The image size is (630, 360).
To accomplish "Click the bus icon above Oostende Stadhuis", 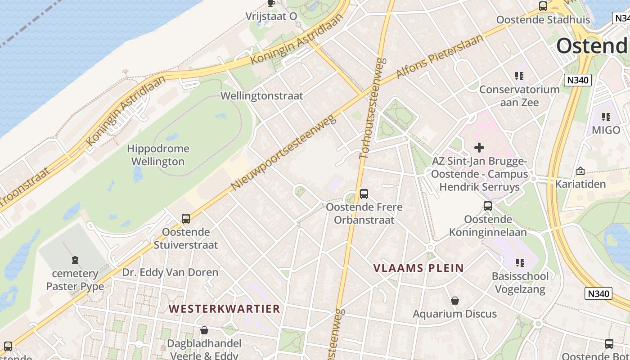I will point(543,6).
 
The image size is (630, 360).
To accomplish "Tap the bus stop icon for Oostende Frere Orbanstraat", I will point(364,194).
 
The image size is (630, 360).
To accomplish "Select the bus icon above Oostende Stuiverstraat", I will point(185,219).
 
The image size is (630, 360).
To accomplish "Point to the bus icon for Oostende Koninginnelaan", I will point(488,206).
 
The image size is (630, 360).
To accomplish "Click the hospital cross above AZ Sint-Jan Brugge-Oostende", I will point(479,147).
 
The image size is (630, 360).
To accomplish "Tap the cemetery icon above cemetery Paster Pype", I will point(75,260).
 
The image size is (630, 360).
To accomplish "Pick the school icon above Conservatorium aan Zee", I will point(520,76).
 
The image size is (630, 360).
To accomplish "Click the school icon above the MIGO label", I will point(606,117).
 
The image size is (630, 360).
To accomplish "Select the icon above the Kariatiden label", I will point(580,171).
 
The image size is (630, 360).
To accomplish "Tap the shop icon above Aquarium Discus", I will point(455,301).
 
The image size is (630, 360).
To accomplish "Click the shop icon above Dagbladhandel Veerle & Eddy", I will point(204,330).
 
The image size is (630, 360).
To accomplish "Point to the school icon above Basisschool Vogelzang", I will point(520,262).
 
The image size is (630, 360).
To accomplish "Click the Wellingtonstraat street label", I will point(262,96).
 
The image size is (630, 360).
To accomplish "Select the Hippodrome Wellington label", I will point(158,155).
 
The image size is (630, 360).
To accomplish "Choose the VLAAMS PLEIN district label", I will point(418,268).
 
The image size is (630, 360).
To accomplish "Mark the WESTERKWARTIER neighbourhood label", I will point(225,309).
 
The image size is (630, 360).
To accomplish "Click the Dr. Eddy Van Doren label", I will point(170,272).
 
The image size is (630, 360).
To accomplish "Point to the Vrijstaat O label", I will point(271,16).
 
